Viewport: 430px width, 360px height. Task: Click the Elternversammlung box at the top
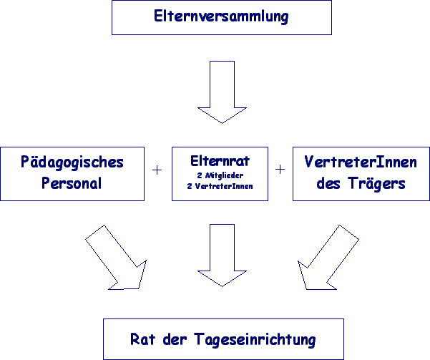tap(221, 17)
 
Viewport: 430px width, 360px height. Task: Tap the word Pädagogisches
tap(72, 162)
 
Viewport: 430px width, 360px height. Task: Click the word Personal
tap(72, 183)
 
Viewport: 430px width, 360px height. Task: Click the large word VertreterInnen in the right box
tap(361, 162)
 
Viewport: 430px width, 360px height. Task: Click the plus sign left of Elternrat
tap(157, 170)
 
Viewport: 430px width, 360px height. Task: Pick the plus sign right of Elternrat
tap(280, 170)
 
